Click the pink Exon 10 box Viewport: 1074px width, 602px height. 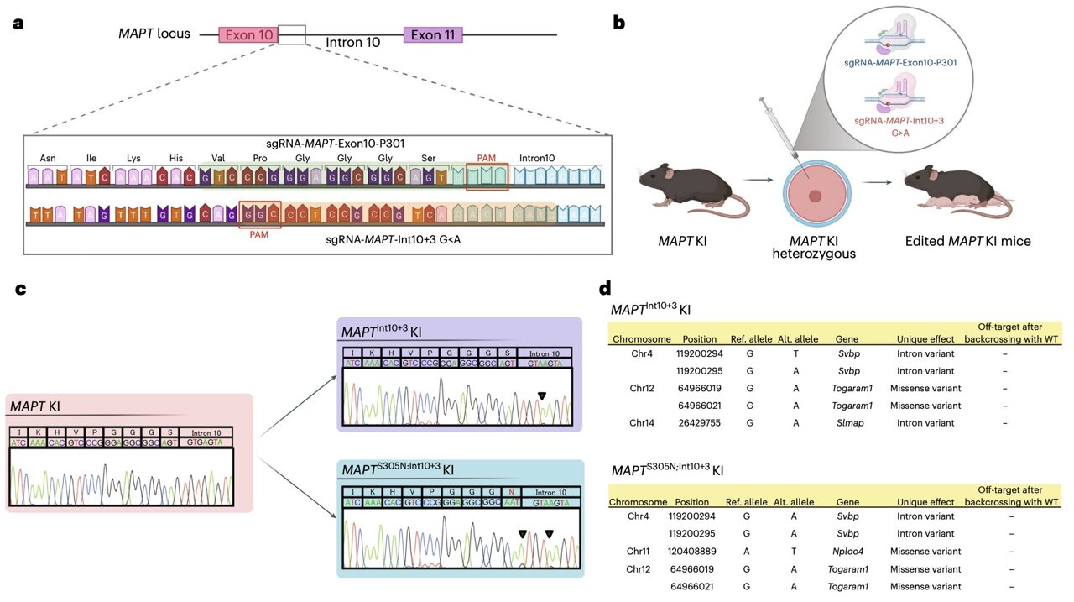(x=249, y=34)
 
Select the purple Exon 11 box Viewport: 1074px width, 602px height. (x=432, y=34)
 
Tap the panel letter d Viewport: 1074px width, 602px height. (x=605, y=288)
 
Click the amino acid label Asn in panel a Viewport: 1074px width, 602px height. (x=49, y=158)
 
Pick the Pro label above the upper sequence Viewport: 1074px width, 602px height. (x=259, y=158)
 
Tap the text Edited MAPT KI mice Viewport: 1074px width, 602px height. (x=967, y=242)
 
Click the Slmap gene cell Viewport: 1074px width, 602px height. (x=846, y=422)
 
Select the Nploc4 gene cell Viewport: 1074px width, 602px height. (x=846, y=551)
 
